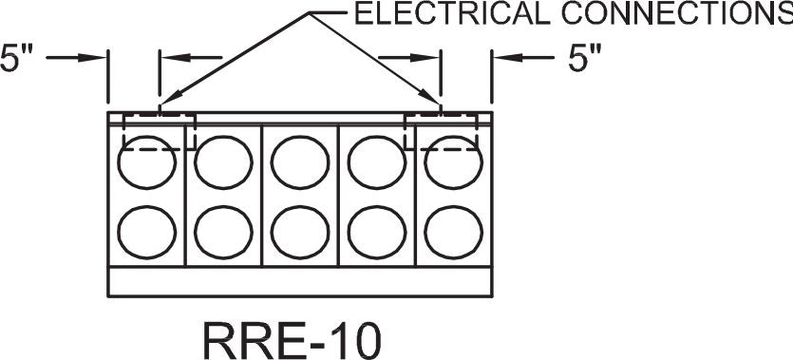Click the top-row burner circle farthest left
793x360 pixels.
click(146, 162)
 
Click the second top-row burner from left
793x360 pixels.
click(223, 162)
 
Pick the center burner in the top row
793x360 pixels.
click(300, 162)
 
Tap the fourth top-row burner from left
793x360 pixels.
click(377, 162)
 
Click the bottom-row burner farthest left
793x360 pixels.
click(146, 231)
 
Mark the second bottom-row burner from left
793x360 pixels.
click(223, 231)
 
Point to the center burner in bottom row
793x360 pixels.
click(300, 231)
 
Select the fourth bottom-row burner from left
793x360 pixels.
click(377, 231)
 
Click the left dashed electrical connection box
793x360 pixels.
click(159, 131)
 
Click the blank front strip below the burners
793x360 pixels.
click(300, 282)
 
